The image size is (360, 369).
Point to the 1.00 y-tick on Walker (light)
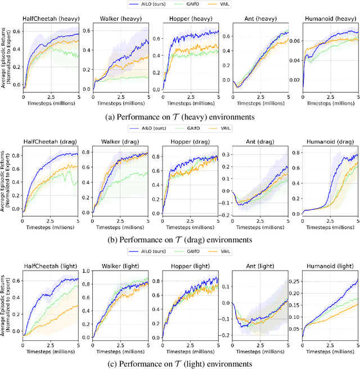[x=85, y=271]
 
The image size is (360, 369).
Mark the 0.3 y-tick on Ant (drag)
[x=226, y=149]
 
